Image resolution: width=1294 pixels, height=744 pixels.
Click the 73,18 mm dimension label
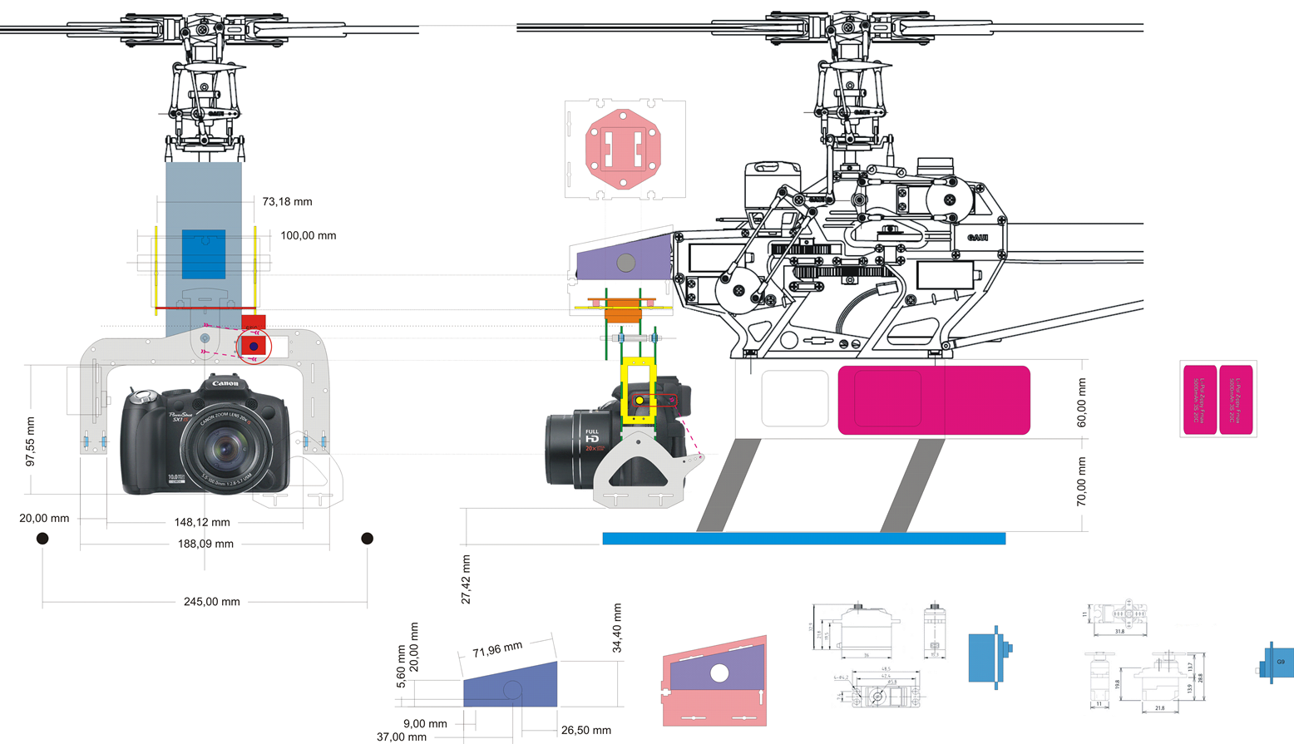(x=287, y=202)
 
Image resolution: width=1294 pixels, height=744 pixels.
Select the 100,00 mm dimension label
(x=308, y=236)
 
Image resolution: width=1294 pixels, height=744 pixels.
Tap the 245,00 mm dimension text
(x=211, y=602)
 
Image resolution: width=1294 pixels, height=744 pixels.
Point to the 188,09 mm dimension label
(x=205, y=544)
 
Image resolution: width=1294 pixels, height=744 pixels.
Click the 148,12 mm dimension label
(x=202, y=523)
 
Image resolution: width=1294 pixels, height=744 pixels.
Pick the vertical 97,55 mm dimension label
(x=31, y=441)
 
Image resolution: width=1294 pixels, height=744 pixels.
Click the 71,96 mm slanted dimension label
(x=497, y=649)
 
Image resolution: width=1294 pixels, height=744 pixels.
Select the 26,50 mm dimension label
(x=585, y=731)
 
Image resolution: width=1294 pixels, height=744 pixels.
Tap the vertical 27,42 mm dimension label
(x=466, y=579)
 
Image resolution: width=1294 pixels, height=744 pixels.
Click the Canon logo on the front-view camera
(x=225, y=383)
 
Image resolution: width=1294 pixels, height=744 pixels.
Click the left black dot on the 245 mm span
(x=42, y=539)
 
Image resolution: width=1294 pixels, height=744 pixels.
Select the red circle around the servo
(x=254, y=346)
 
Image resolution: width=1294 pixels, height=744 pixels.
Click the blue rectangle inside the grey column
(x=204, y=254)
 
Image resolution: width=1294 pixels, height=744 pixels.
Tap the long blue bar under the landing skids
(x=803, y=539)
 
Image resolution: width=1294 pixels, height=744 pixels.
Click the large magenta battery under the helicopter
(x=934, y=400)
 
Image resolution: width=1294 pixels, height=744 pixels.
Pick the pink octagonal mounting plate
(x=624, y=150)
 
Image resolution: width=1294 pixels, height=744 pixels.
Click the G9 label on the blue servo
(x=1281, y=663)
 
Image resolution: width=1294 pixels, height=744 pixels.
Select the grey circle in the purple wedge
(x=625, y=263)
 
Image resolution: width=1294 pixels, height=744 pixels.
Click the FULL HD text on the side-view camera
(x=591, y=436)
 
